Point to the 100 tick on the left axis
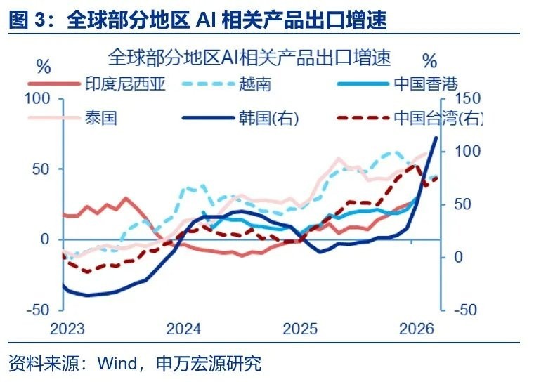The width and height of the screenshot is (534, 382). (x=37, y=99)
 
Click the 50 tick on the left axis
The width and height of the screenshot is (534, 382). (x=41, y=169)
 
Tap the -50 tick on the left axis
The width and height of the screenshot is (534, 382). (x=38, y=310)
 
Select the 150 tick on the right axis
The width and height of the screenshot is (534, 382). (x=467, y=98)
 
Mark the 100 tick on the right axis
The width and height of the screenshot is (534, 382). (x=467, y=151)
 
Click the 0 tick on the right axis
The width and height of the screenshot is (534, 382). (x=459, y=257)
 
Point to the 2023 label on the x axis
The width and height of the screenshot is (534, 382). (x=67, y=329)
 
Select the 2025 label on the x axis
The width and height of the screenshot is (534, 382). (x=300, y=329)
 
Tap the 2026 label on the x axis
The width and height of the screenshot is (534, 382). (x=417, y=329)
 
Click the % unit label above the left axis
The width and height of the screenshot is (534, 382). (x=44, y=67)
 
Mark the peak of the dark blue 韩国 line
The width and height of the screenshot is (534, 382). (x=436, y=137)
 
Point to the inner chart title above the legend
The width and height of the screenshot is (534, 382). (x=249, y=57)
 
